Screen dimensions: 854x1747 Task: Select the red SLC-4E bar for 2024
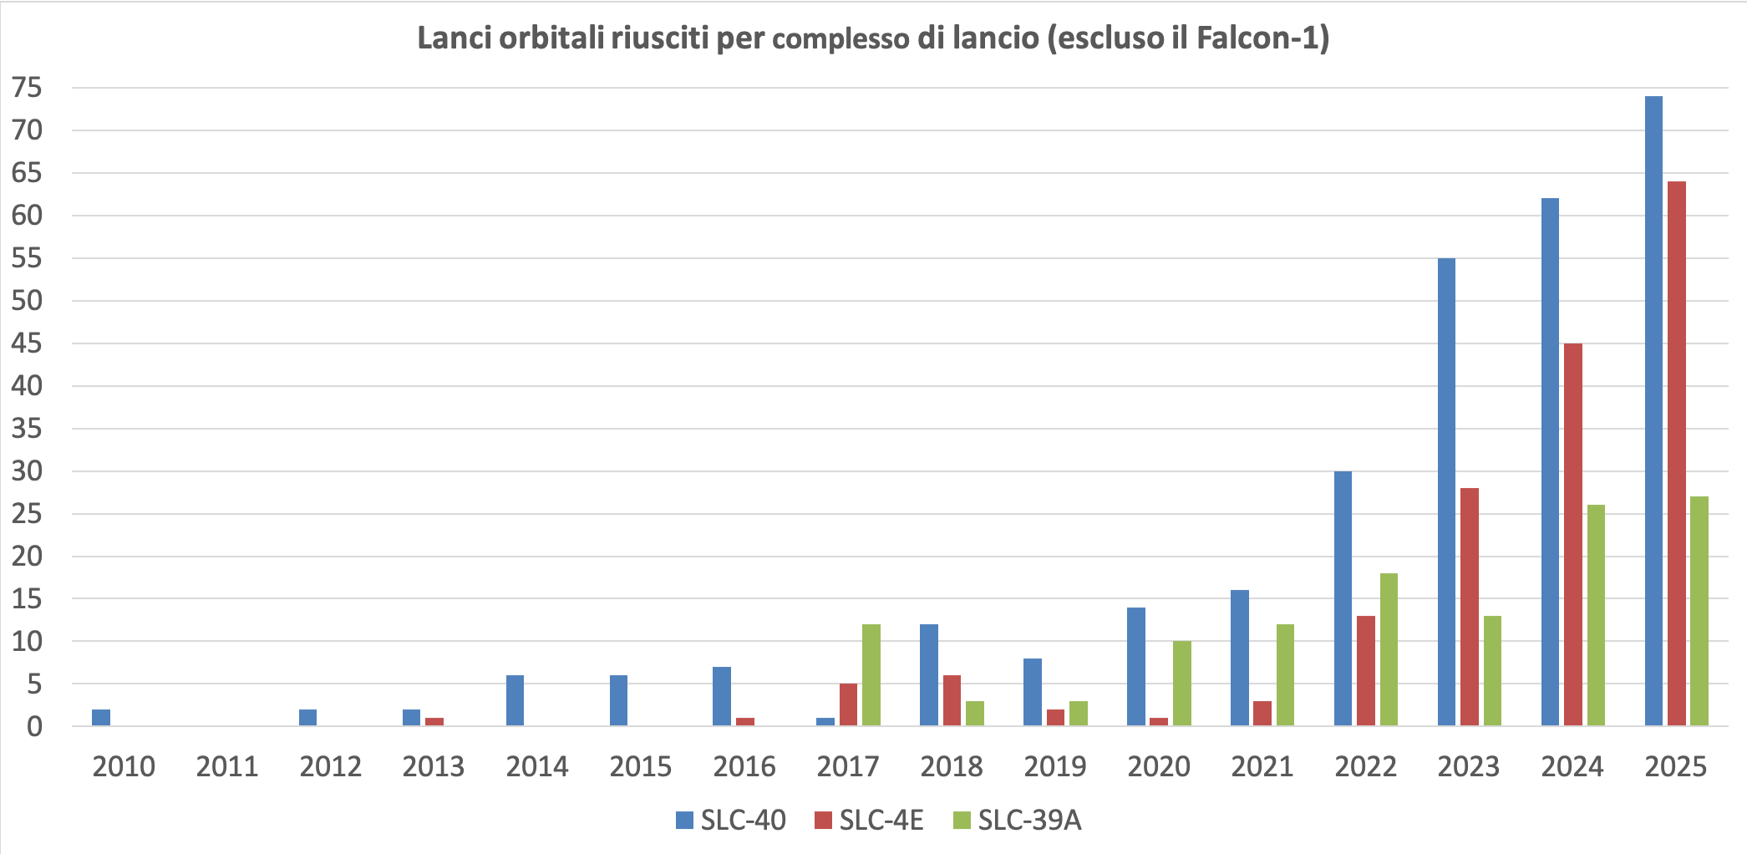point(1573,535)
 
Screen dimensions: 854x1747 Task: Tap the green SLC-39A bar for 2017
point(871,675)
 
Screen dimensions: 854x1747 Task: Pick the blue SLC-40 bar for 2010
point(101,718)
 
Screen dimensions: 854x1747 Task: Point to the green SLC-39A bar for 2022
point(1389,649)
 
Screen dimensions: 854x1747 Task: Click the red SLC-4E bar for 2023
point(1470,607)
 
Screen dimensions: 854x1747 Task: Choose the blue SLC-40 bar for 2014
point(515,700)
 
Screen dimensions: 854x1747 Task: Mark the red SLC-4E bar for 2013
point(434,722)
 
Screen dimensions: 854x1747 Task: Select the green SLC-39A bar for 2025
point(1699,611)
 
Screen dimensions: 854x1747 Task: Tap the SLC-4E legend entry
point(870,821)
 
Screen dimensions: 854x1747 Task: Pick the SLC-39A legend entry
point(1017,821)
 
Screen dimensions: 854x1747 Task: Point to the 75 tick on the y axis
point(27,88)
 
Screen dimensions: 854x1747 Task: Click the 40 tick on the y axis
point(27,386)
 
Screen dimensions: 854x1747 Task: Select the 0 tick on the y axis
point(34,727)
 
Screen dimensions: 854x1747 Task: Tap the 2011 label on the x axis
point(227,766)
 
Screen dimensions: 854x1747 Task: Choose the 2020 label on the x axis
point(1159,766)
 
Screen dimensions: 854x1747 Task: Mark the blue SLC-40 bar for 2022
point(1343,598)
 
